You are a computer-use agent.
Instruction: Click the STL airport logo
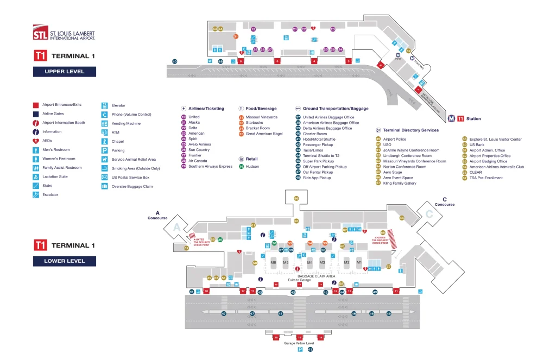click(64, 33)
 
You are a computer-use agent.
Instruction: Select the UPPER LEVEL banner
click(65, 72)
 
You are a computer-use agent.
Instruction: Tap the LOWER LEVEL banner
click(65, 261)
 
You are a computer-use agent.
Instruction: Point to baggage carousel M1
click(359, 263)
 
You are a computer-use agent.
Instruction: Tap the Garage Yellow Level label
click(299, 343)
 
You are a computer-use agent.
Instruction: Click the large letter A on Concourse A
click(176, 229)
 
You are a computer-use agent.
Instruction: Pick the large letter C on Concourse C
click(428, 214)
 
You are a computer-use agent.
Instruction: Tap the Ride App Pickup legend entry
click(317, 178)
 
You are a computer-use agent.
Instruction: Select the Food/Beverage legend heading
click(261, 109)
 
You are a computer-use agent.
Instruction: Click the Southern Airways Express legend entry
click(210, 166)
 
